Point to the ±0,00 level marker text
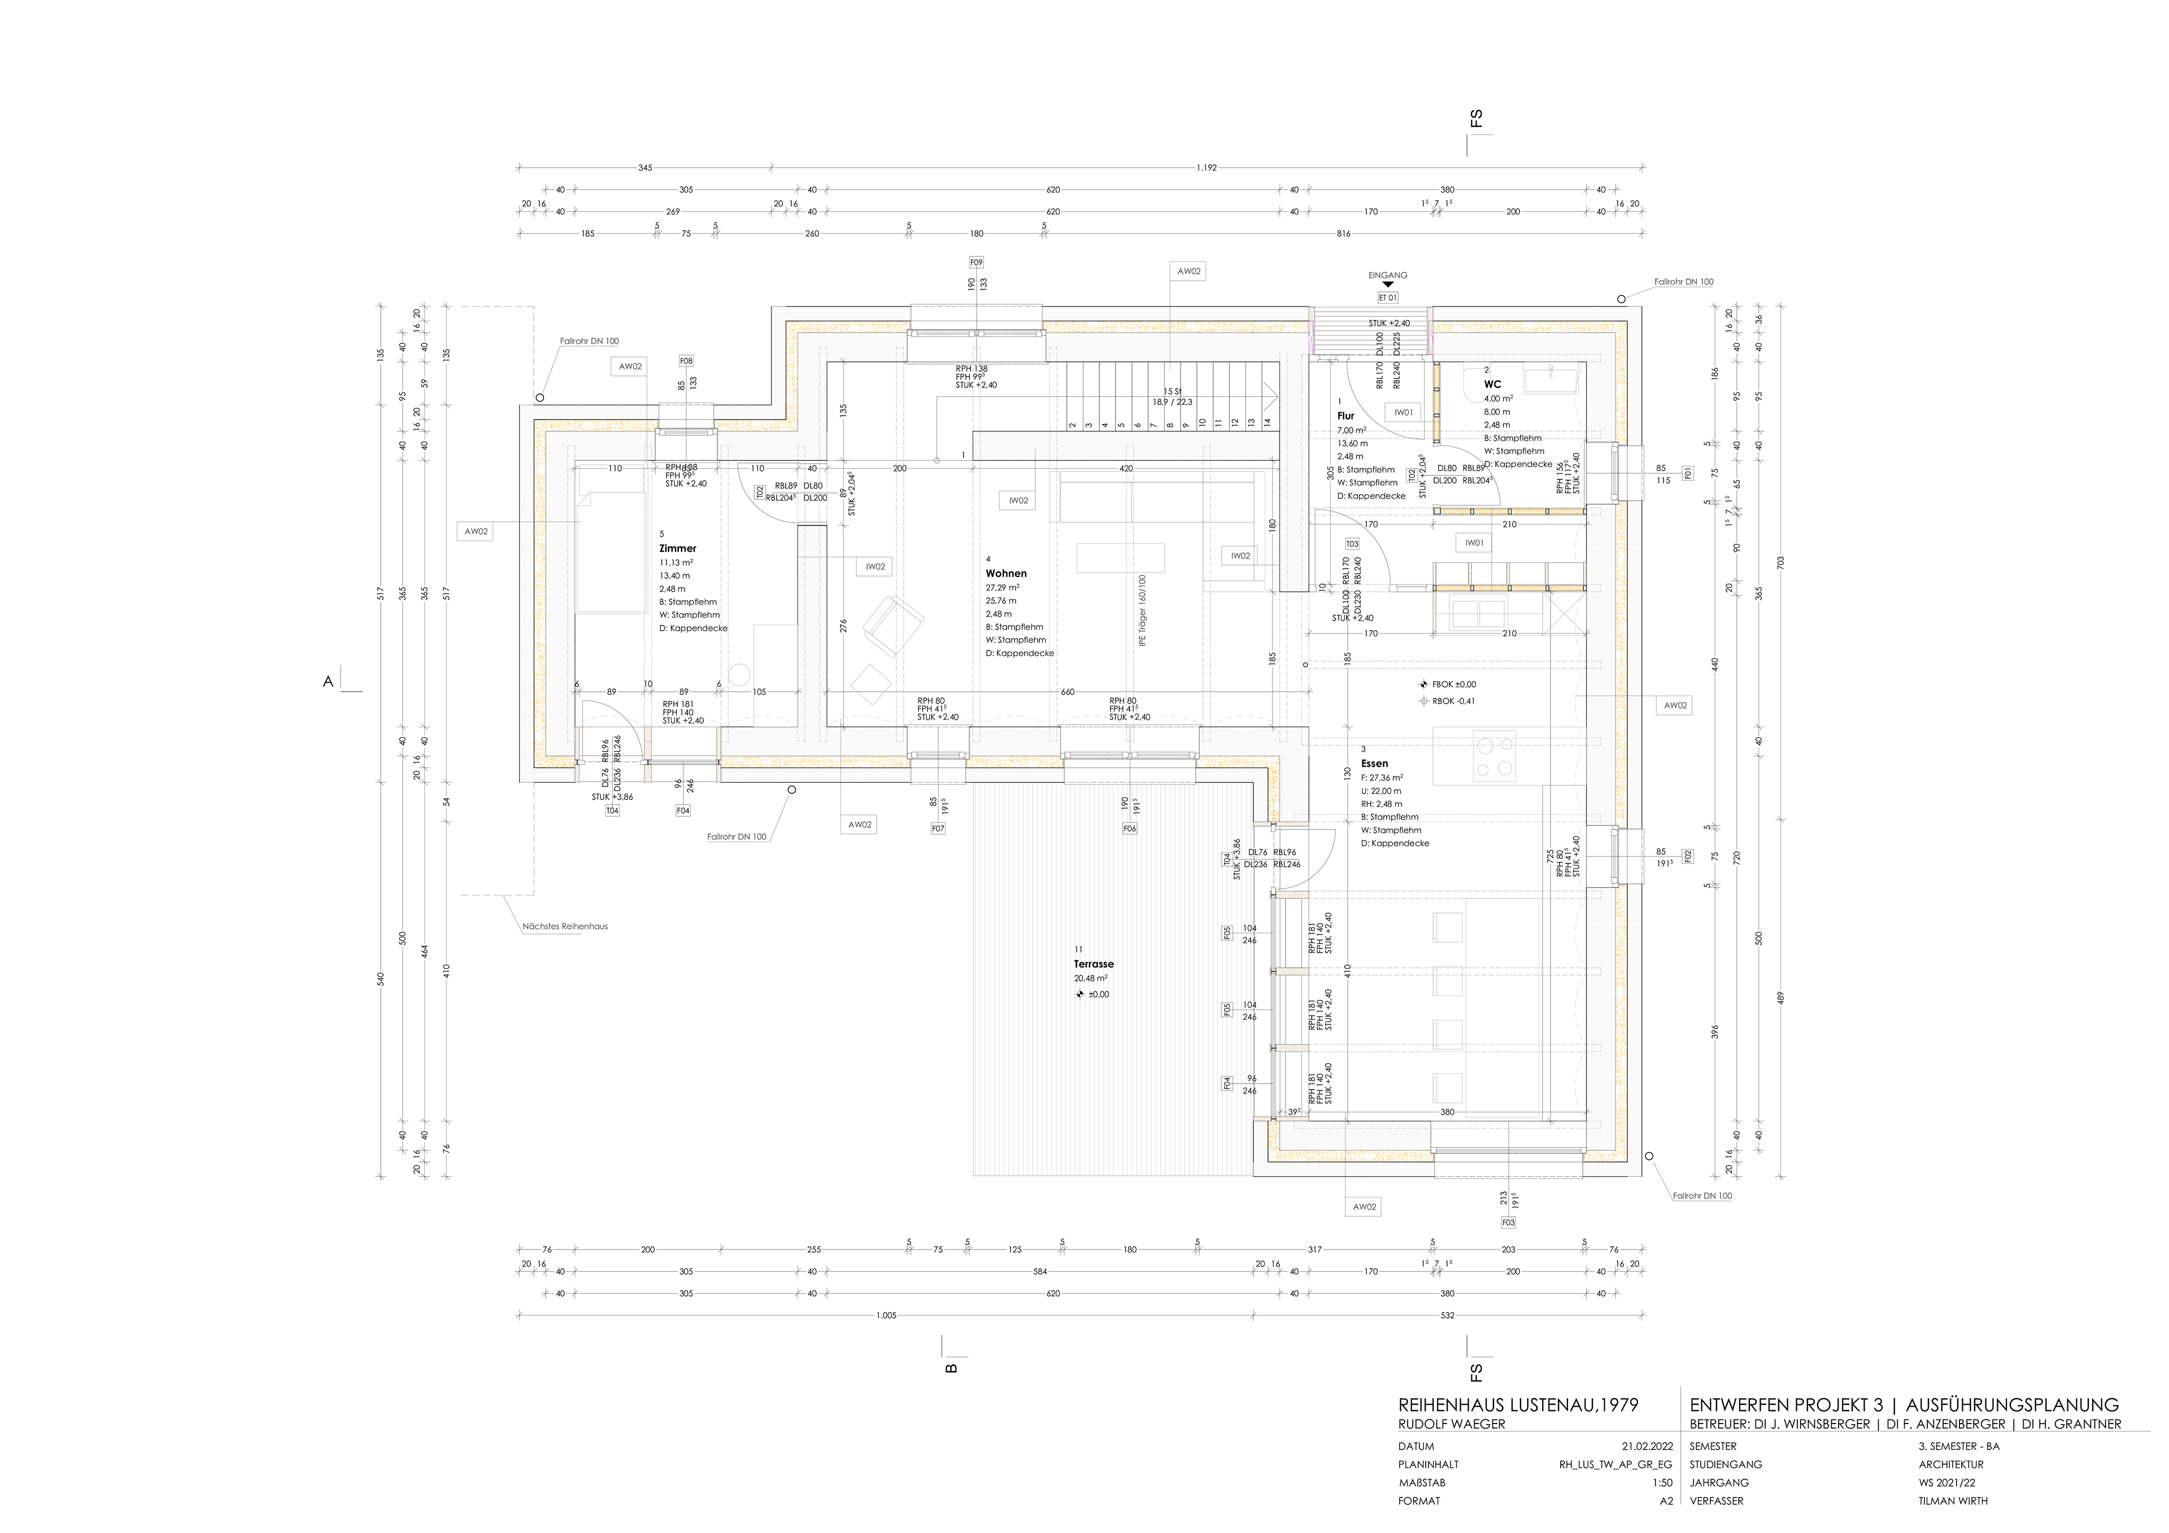pyautogui.click(x=1099, y=994)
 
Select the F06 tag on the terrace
pyautogui.click(x=1130, y=828)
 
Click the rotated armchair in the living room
pyautogui.click(x=892, y=625)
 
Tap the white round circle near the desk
pyautogui.click(x=740, y=674)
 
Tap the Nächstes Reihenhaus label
pyautogui.click(x=565, y=927)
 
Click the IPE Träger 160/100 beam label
pyautogui.click(x=1142, y=609)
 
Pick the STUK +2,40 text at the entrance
pyautogui.click(x=1389, y=323)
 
